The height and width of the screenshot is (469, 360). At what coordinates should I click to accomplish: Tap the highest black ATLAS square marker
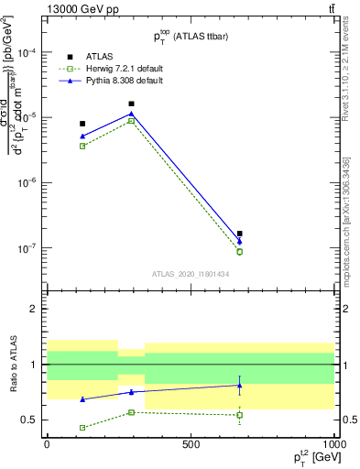(x=131, y=104)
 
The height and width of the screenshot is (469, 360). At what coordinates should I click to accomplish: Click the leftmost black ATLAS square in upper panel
(x=82, y=124)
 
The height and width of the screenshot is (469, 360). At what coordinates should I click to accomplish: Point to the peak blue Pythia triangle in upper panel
(x=131, y=114)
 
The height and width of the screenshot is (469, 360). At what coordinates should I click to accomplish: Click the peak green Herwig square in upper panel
(x=131, y=121)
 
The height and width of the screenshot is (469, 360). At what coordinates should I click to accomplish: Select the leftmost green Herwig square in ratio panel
(x=82, y=428)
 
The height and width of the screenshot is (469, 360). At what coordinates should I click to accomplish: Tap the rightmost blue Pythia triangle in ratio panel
(x=239, y=385)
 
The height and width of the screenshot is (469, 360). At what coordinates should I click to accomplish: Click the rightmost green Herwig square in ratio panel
(x=239, y=415)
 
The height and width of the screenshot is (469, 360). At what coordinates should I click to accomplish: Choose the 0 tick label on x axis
(x=47, y=444)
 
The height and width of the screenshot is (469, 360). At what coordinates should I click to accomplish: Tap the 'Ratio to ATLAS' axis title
(x=16, y=365)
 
